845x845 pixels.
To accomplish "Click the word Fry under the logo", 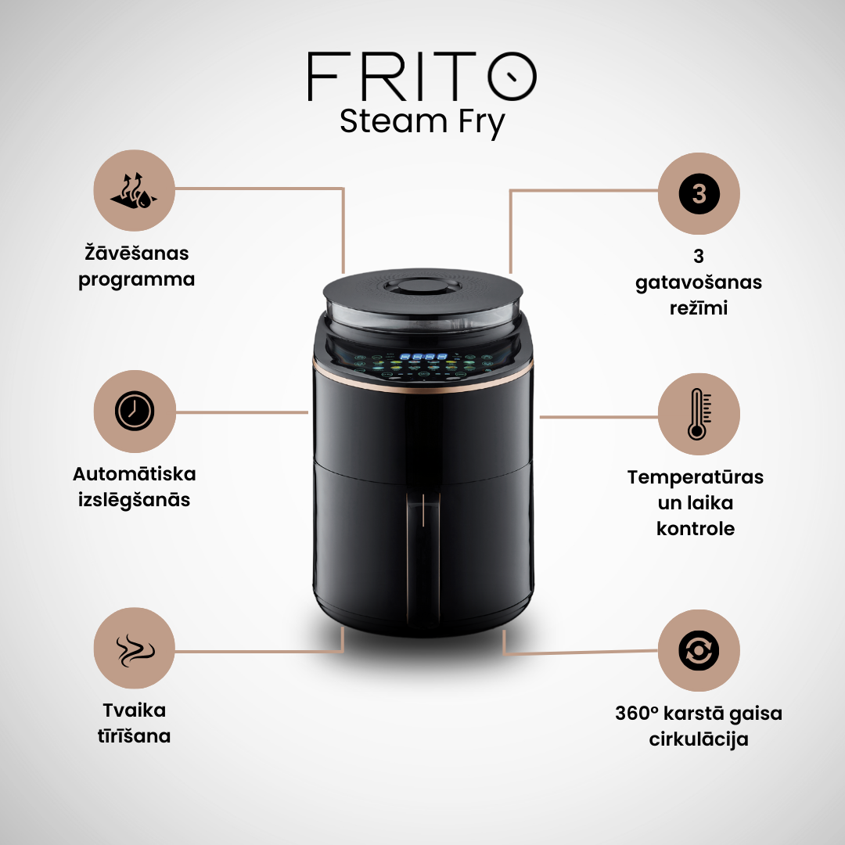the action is [x=482, y=124].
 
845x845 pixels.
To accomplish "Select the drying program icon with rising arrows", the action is [x=135, y=190].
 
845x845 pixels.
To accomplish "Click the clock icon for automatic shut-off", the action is [x=135, y=411].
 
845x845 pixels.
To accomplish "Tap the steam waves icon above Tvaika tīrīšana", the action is [x=135, y=649].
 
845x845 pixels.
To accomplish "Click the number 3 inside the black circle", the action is [x=699, y=193].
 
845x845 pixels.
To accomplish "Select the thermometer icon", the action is [x=699, y=414].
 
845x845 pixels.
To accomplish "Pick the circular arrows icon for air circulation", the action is [x=699, y=650].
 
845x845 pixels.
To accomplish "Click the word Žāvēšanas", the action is [x=137, y=253].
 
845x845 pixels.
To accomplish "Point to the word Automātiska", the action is [x=135, y=474].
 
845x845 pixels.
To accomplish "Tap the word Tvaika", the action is [x=135, y=710].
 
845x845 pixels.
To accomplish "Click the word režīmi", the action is [x=699, y=308].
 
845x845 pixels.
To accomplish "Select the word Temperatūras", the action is [x=696, y=477].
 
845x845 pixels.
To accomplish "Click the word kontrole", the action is [x=696, y=529].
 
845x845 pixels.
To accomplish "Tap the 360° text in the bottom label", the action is [x=636, y=713].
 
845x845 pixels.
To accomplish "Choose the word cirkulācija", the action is [x=699, y=739].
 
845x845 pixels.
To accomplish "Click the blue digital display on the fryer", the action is [x=424, y=357].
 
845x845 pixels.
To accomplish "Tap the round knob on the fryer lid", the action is [x=422, y=286].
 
